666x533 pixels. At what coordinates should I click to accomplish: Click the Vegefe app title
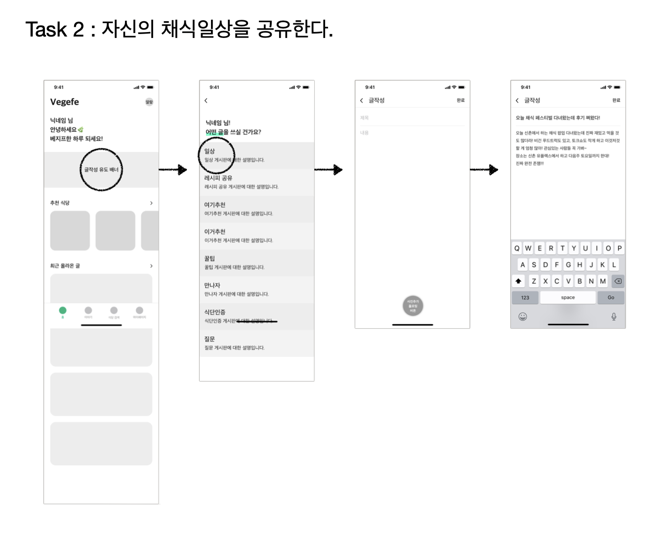(64, 102)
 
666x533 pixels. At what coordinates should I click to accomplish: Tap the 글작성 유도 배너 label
(101, 169)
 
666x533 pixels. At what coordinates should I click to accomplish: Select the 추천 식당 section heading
(60, 203)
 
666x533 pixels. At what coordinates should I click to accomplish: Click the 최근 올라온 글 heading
(65, 266)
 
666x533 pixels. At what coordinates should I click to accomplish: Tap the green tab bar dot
(63, 310)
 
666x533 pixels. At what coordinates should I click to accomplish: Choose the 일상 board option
(210, 152)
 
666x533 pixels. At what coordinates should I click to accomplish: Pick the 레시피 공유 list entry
(218, 178)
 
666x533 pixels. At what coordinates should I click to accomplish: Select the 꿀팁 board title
(210, 259)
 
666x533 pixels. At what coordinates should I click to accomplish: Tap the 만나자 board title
(212, 285)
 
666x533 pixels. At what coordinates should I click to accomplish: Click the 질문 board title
(210, 339)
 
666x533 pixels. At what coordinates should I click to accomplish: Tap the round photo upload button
(413, 306)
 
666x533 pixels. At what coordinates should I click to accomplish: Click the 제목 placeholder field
(365, 118)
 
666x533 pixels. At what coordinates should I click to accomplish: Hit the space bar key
(568, 298)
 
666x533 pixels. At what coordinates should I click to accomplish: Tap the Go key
(611, 298)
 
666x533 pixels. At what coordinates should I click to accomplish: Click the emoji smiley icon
(523, 316)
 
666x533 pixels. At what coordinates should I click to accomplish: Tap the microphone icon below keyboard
(614, 316)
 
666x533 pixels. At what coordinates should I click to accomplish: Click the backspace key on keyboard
(618, 281)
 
